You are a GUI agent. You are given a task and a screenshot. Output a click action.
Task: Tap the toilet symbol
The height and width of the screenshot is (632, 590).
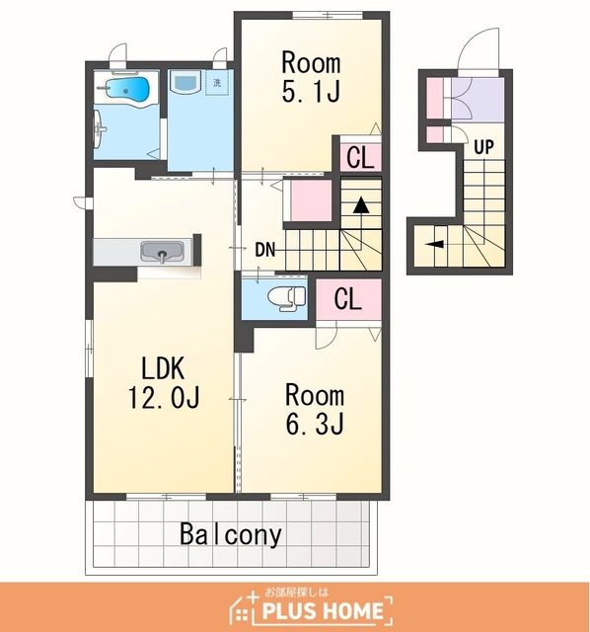coord(287,298)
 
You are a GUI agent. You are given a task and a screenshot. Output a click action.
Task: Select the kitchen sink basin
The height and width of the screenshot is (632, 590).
coord(162,252)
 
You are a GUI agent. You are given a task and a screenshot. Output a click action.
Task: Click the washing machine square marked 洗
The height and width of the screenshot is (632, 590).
coord(217,83)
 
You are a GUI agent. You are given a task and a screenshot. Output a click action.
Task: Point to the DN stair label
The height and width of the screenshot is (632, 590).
coord(265,250)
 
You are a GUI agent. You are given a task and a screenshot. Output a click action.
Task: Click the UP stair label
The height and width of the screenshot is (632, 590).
coord(483,147)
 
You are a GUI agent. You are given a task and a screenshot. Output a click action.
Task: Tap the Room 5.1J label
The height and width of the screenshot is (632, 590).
coord(311,77)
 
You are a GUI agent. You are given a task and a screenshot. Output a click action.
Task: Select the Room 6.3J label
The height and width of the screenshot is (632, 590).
coord(315,409)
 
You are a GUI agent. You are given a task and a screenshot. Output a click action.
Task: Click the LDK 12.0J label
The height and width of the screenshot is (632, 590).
coord(163,382)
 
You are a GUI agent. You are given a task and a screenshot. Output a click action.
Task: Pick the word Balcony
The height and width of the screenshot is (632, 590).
coord(230,534)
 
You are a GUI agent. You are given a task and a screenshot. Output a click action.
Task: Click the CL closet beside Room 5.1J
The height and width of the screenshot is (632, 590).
coord(360,157)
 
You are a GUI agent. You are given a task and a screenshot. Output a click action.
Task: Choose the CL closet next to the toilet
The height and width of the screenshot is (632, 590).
coord(348,299)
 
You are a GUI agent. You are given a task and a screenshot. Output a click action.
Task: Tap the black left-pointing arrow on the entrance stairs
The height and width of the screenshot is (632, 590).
coord(436,244)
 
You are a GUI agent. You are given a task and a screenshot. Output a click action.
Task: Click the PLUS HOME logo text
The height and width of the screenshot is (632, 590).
coord(323,610)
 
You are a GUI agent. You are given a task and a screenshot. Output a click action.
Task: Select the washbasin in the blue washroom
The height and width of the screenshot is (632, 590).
coord(185,81)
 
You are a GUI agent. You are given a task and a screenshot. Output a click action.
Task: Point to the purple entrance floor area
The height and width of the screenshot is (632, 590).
coord(478,100)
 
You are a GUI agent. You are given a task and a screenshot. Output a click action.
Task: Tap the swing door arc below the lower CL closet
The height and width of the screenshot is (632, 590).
coord(327,336)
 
